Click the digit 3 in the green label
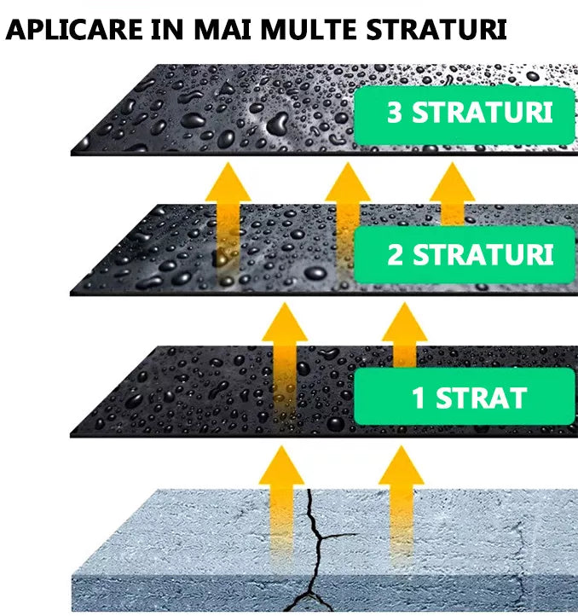click(394, 115)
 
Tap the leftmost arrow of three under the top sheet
click(228, 209)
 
